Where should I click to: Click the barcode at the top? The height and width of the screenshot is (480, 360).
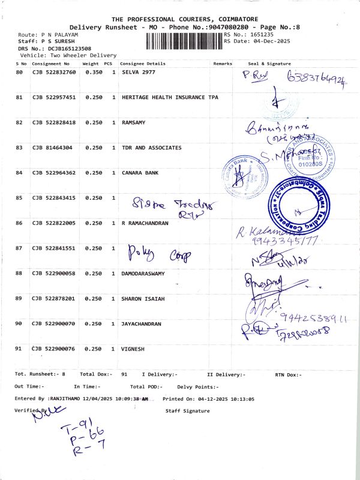coord(184,41)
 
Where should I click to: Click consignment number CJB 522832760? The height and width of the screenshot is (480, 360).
coord(54,72)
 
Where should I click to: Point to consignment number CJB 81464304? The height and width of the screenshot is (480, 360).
coord(52,148)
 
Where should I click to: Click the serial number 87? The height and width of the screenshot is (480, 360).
coord(19,248)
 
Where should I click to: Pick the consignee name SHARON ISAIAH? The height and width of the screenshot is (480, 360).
coord(143,298)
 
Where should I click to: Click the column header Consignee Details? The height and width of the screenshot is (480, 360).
coord(143,63)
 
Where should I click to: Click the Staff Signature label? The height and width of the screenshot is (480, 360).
coord(187,411)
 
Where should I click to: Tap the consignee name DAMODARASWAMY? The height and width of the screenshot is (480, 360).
coord(147,273)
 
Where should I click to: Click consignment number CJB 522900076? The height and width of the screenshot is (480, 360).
coord(54,349)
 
